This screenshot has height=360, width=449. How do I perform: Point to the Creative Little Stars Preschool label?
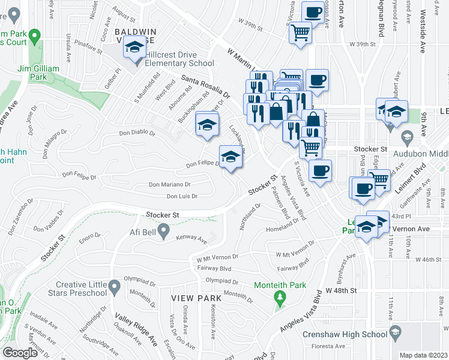click(x=81, y=289)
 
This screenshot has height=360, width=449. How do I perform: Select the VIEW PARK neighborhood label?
click(x=191, y=298)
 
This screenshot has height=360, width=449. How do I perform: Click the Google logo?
click(x=20, y=353)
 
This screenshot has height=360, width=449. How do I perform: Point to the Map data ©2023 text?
click(x=423, y=355)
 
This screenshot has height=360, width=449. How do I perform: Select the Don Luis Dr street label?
click(x=182, y=196)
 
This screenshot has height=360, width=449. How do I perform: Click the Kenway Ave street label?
click(x=191, y=240)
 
